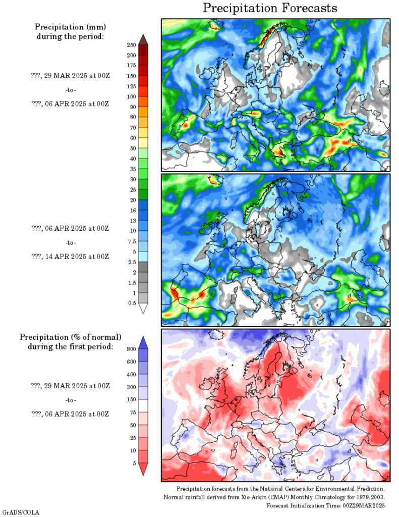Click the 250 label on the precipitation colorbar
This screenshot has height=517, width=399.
click(x=131, y=45)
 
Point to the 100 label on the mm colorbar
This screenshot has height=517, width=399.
click(x=131, y=96)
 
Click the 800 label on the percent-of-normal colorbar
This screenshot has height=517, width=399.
click(x=131, y=348)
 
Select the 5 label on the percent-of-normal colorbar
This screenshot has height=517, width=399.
click(x=133, y=463)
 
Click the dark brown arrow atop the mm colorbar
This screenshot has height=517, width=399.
click(x=143, y=39)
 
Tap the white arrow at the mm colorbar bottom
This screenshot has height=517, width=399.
click(x=143, y=308)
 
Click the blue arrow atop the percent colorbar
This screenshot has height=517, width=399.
click(x=143, y=342)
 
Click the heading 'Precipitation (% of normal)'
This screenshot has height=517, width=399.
click(x=70, y=337)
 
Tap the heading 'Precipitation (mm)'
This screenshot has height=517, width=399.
click(x=70, y=26)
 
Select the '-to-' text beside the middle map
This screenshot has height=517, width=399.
click(x=71, y=242)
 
